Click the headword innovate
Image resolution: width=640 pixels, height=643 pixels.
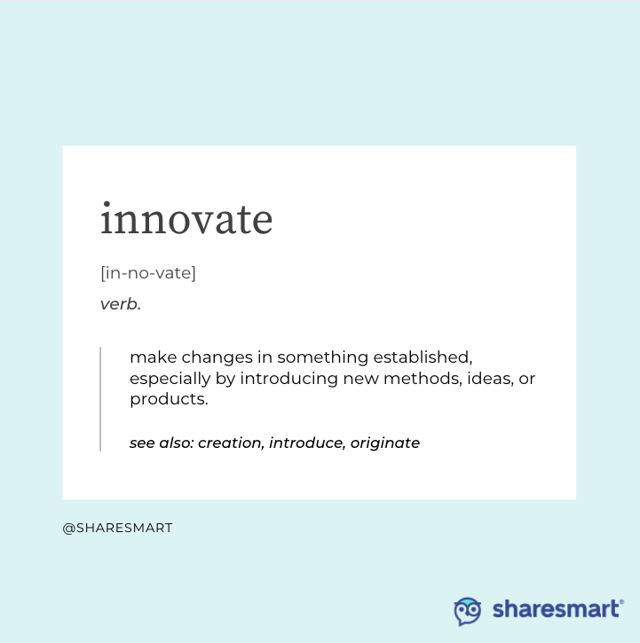[186, 219]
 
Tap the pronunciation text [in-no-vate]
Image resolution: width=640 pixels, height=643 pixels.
[148, 273]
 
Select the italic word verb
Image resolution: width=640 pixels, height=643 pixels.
[120, 304]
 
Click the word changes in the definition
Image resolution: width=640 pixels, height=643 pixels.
[211, 357]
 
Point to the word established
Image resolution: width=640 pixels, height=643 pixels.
[421, 357]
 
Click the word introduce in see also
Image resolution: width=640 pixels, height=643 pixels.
[305, 443]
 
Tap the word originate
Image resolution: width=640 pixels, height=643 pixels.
[384, 443]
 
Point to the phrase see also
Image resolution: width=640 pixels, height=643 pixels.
[161, 443]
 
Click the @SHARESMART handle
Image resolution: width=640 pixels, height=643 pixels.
[117, 528]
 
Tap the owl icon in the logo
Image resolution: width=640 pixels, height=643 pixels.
[468, 610]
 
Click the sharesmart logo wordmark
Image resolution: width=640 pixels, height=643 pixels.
[557, 609]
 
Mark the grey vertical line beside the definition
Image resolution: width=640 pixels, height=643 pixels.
[100, 399]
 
